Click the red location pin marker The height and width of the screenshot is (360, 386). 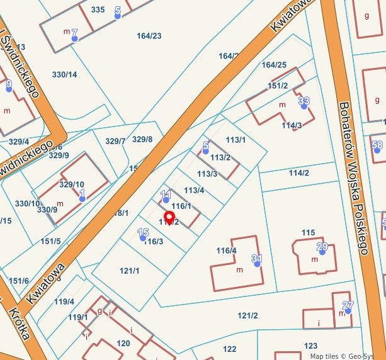click(169, 217)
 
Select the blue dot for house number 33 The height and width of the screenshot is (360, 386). click(304, 106)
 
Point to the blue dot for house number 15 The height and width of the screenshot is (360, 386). click(142, 238)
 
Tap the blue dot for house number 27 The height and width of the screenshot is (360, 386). click(347, 310)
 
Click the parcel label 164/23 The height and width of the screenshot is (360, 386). click(149, 36)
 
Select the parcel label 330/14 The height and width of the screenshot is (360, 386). click(64, 74)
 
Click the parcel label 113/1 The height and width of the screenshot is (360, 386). click(236, 139)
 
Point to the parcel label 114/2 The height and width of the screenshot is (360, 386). click(298, 173)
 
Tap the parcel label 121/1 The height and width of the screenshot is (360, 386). click(129, 271)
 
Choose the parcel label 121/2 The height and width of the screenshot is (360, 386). click(247, 315)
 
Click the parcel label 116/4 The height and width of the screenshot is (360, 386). click(226, 250)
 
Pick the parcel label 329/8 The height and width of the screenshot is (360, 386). click(142, 139)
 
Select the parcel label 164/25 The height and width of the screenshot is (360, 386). click(274, 65)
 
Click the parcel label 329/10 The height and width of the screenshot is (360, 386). click(71, 184)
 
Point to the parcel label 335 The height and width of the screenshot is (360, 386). click(98, 9)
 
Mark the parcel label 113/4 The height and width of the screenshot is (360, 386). click(194, 190)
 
